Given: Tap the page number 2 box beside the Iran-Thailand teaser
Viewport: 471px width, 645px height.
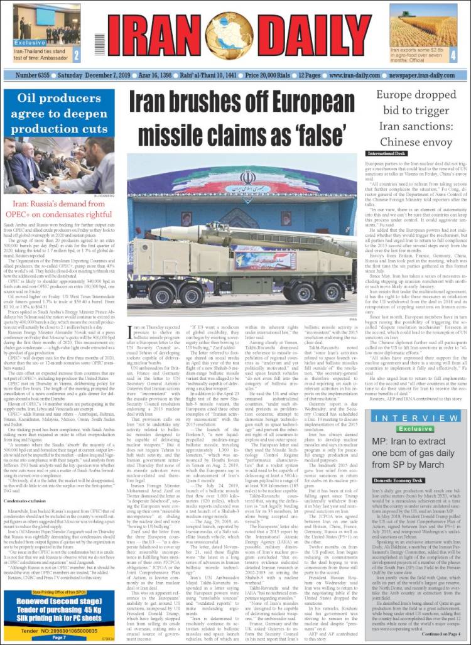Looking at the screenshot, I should [x=76, y=55].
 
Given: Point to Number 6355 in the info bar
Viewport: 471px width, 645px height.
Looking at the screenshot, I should [x=33, y=75].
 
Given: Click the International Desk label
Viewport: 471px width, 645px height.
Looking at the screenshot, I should [x=389, y=153].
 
